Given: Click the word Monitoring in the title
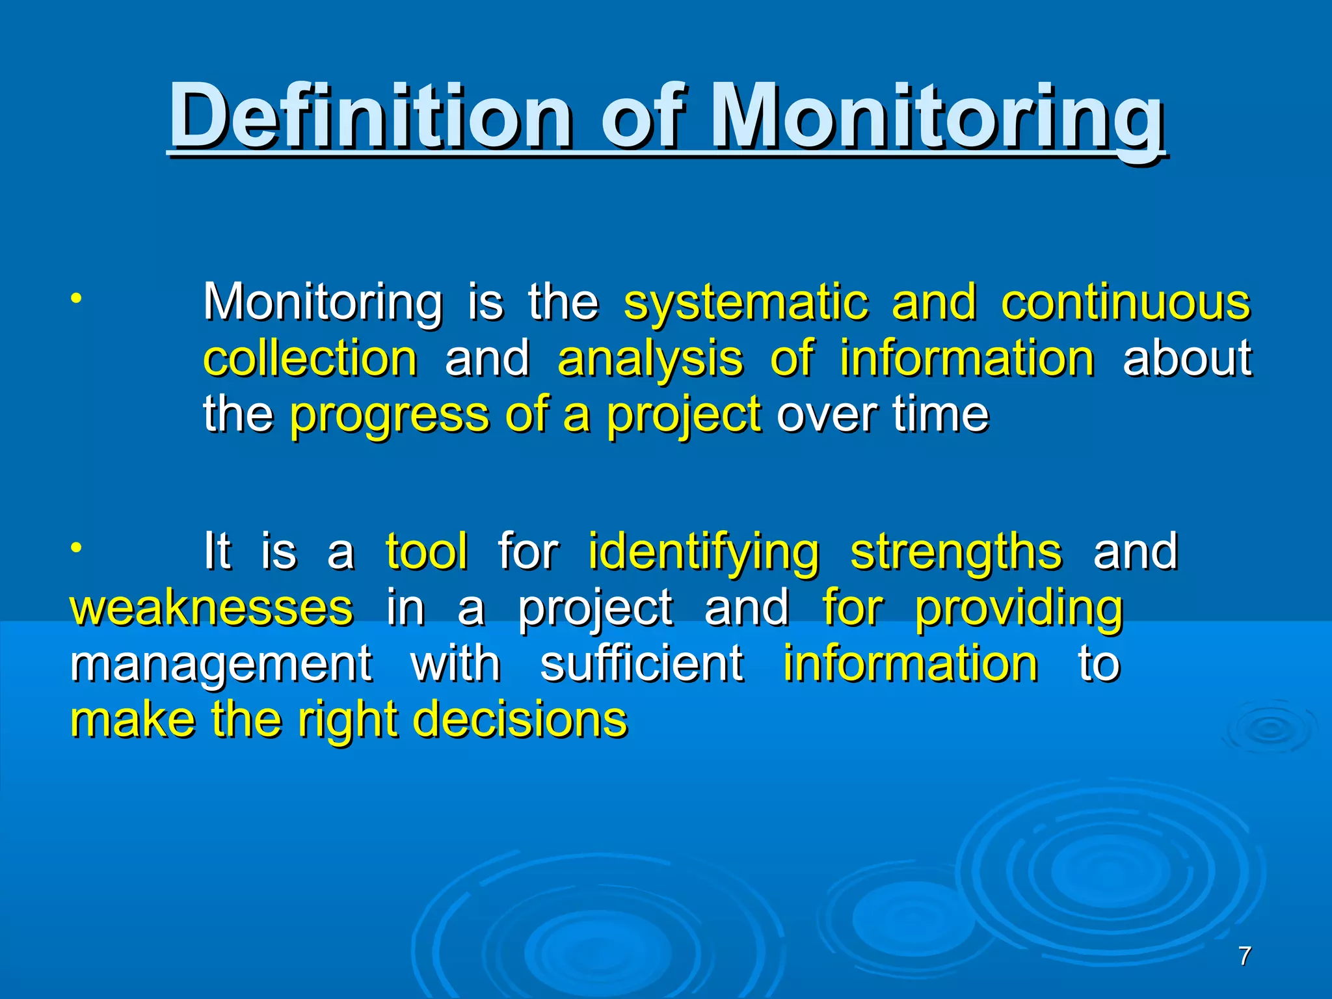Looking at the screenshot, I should (937, 117).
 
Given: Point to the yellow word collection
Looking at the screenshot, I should (310, 358).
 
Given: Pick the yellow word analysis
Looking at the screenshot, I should (650, 360).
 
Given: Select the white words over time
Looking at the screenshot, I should (883, 414).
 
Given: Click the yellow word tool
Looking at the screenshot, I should (426, 551).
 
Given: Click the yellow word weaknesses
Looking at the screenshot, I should (211, 607).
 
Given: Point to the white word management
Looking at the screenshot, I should (221, 665).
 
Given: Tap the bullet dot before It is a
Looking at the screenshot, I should (76, 548).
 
